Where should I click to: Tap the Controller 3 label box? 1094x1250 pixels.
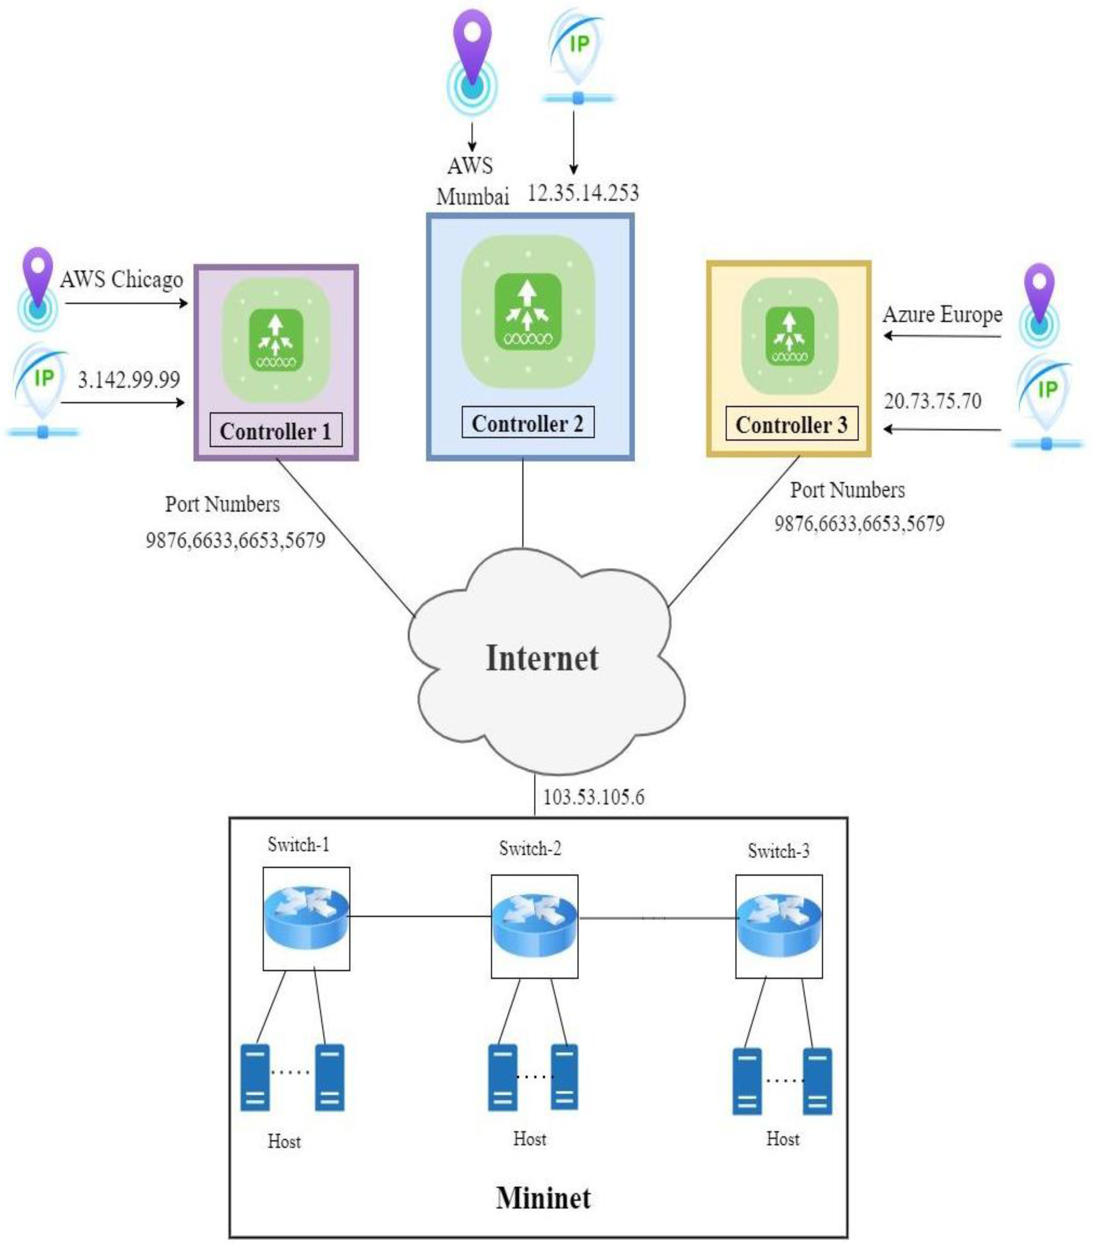coord(791,425)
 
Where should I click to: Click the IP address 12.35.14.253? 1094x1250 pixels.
coord(583,193)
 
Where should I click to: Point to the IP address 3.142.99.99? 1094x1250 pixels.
coord(129,380)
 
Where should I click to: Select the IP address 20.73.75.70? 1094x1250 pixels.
coord(932,401)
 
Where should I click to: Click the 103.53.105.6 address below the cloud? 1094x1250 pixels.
coord(594,797)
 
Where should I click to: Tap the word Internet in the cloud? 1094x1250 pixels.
coord(542,658)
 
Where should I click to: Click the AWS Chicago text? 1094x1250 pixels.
coord(121,280)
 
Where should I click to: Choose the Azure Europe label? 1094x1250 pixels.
coord(942,314)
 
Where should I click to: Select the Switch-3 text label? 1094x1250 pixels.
coord(778,851)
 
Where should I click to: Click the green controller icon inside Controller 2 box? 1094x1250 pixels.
coord(527,312)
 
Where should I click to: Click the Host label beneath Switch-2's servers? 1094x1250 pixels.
coord(529,1139)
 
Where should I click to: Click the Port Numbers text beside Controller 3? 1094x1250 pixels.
coord(847,490)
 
